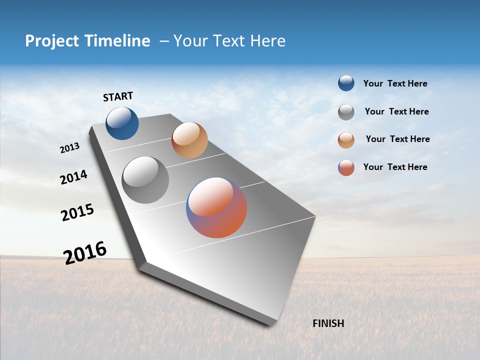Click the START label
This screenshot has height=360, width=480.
click(118, 96)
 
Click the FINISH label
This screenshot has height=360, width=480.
click(328, 323)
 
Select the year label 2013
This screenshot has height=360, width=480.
click(69, 147)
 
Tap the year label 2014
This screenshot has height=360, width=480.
click(73, 177)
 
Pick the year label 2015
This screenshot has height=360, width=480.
click(77, 212)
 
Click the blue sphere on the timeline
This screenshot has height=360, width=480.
click(122, 123)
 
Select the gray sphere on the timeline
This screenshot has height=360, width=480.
click(145, 180)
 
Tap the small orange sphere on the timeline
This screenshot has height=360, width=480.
click(189, 140)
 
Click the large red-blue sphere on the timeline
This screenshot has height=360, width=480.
click(216, 207)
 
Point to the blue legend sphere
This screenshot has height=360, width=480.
click(346, 83)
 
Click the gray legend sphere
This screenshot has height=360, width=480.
click(346, 112)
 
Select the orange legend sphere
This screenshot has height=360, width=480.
click(346, 140)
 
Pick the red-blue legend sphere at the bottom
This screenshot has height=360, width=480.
click(346, 167)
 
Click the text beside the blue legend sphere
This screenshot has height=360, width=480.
click(395, 83)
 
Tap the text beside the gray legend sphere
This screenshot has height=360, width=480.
click(396, 111)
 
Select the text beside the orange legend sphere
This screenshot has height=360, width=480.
click(397, 139)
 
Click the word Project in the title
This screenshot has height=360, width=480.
click(52, 41)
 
